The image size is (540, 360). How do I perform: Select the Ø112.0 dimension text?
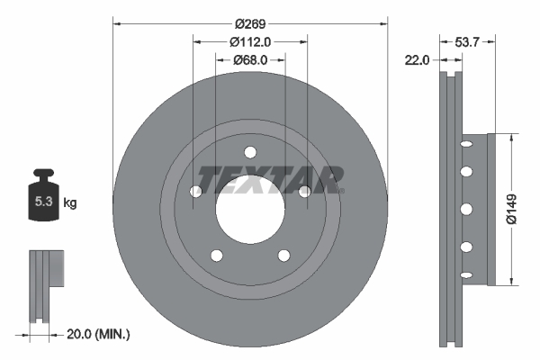click(x=250, y=41)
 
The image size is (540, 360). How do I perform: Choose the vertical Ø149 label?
click(x=510, y=209)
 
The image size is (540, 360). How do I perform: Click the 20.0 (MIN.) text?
click(x=98, y=334)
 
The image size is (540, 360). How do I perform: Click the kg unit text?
click(x=70, y=203)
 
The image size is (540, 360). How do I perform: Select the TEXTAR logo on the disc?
click(x=270, y=179)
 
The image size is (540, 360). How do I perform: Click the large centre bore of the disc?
click(x=250, y=211)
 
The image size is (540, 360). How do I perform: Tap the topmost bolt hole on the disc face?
click(x=250, y=151)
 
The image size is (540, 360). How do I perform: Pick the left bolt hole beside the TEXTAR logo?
click(x=195, y=191)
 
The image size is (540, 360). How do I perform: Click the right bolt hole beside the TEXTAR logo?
click(x=305, y=191)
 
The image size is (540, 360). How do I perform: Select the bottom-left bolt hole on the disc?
click(x=216, y=256)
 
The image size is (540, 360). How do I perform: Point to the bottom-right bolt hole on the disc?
click(x=284, y=256)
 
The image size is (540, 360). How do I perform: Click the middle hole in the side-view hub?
click(x=466, y=209)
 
